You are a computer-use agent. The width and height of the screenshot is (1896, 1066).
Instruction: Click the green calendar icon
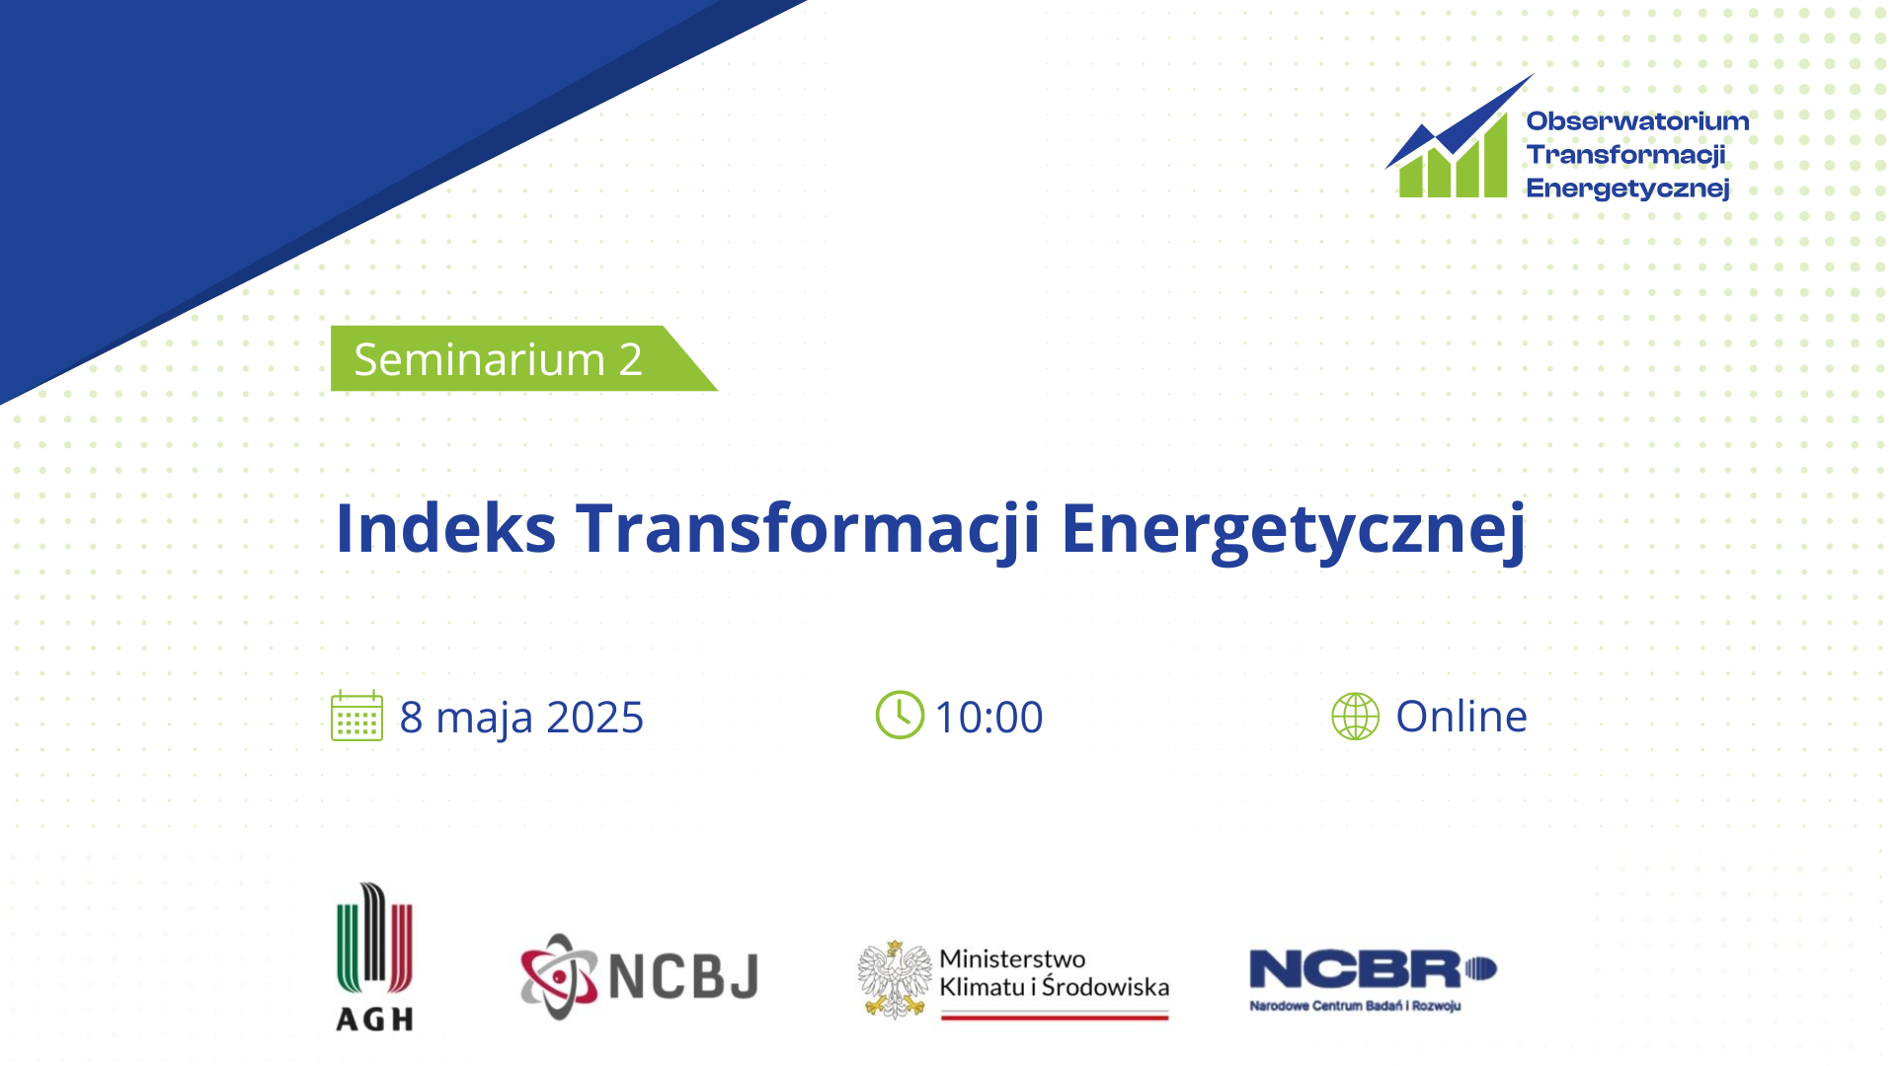[x=356, y=716]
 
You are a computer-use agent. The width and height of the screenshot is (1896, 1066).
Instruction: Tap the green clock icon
[x=900, y=715]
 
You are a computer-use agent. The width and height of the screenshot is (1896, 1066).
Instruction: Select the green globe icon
[x=1356, y=716]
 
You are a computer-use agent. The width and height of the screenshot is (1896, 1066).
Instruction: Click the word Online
[x=1461, y=716]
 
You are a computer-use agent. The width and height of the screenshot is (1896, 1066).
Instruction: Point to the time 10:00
[x=989, y=717]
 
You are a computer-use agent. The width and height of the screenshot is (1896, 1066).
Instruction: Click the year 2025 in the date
[x=594, y=717]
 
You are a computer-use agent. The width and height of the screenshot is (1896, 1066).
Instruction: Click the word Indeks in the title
[x=445, y=527]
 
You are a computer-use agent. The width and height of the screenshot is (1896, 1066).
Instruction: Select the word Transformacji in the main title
[x=808, y=531]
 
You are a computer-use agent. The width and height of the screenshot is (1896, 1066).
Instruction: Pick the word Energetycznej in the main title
[x=1294, y=531]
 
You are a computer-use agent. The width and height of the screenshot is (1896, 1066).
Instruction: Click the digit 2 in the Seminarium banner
[x=631, y=359]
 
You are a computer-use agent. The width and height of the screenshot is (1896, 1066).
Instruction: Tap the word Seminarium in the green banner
[x=479, y=359]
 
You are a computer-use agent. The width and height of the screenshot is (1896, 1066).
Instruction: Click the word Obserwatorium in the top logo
[x=1637, y=121]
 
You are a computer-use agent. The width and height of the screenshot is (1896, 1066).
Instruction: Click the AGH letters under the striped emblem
[x=374, y=1019]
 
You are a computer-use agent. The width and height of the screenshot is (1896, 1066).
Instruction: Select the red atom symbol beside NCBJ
[x=559, y=976]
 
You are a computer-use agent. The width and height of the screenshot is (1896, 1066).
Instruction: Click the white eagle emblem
[x=895, y=979]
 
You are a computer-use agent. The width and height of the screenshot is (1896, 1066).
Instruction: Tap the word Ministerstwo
[x=1012, y=958]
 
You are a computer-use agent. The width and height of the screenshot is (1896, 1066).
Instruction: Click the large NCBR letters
[x=1355, y=969]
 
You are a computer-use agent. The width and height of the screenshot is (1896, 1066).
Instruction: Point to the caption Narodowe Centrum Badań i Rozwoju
[x=1355, y=1006]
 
